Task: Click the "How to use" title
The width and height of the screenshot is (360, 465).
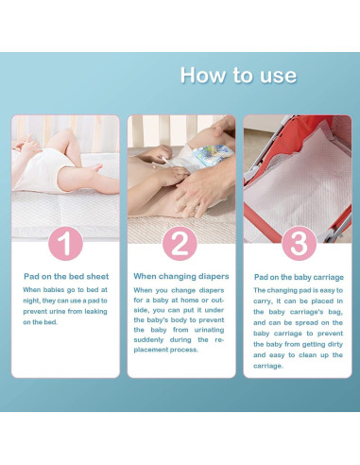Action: coord(238,76)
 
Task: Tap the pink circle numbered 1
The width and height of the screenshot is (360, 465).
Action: coord(65,243)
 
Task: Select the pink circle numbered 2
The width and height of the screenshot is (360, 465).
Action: coord(180,244)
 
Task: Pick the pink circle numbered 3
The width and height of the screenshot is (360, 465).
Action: coord(299,243)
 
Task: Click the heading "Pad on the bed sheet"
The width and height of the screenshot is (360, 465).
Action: coord(66,277)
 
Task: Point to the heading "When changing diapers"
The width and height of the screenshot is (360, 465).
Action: coord(181,276)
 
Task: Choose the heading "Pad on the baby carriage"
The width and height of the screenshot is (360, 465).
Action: coord(299,277)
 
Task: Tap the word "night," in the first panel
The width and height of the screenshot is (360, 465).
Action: coord(31,301)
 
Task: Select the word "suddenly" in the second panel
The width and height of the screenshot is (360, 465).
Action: coord(148,340)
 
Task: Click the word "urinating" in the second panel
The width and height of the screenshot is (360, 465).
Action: coord(209,330)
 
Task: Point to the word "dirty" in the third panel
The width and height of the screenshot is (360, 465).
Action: coord(334,344)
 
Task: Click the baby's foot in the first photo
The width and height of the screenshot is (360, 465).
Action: coord(95,168)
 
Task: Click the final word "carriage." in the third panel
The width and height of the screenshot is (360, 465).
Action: coord(268,366)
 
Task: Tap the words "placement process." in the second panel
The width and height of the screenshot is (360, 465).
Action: coord(166,350)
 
